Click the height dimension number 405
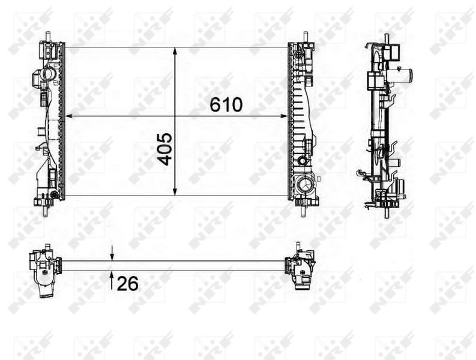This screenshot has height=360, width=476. pos(166,148)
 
